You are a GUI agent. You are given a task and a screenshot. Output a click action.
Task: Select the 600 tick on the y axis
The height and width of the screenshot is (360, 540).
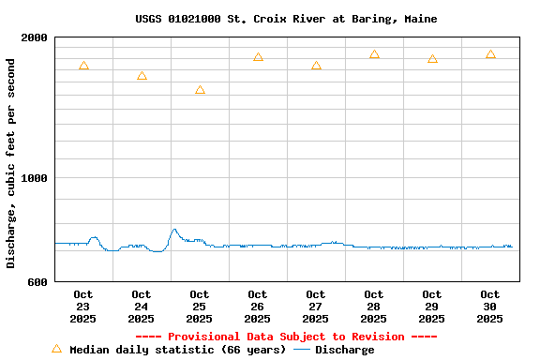coord(38,281)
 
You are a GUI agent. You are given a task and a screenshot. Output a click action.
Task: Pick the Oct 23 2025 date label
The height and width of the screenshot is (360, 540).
coord(83,307)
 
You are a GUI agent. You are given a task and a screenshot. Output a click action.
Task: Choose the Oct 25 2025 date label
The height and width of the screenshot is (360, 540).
coord(200,307)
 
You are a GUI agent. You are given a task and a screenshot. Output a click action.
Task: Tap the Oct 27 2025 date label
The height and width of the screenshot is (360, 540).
coord(316,307)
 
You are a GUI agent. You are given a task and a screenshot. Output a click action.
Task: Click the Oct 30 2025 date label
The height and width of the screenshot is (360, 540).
coord(490,307)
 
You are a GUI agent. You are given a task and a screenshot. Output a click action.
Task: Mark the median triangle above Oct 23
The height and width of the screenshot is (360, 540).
coord(83,66)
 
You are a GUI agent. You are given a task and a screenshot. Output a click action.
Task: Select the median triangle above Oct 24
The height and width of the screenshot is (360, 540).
coord(142,76)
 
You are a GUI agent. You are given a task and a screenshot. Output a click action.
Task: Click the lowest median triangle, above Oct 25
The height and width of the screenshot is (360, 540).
coord(200,90)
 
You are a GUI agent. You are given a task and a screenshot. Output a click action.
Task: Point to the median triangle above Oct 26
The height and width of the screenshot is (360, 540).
coord(258,57)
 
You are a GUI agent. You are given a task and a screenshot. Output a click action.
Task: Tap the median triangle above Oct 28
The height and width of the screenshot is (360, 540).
coord(374,54)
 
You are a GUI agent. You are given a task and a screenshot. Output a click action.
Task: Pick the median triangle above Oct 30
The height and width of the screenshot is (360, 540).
coord(490,54)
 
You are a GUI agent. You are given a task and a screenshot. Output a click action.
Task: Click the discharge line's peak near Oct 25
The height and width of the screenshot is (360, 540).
coord(173,229)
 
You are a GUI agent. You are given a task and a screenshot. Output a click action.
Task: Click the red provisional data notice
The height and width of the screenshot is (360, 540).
coord(286,337)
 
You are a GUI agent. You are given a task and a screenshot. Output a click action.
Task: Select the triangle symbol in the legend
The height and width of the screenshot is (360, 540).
coord(56,349)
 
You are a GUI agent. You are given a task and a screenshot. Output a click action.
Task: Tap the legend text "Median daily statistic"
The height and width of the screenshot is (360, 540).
coord(177,350)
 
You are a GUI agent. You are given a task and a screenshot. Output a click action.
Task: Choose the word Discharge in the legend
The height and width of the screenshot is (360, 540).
coord(344,350)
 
